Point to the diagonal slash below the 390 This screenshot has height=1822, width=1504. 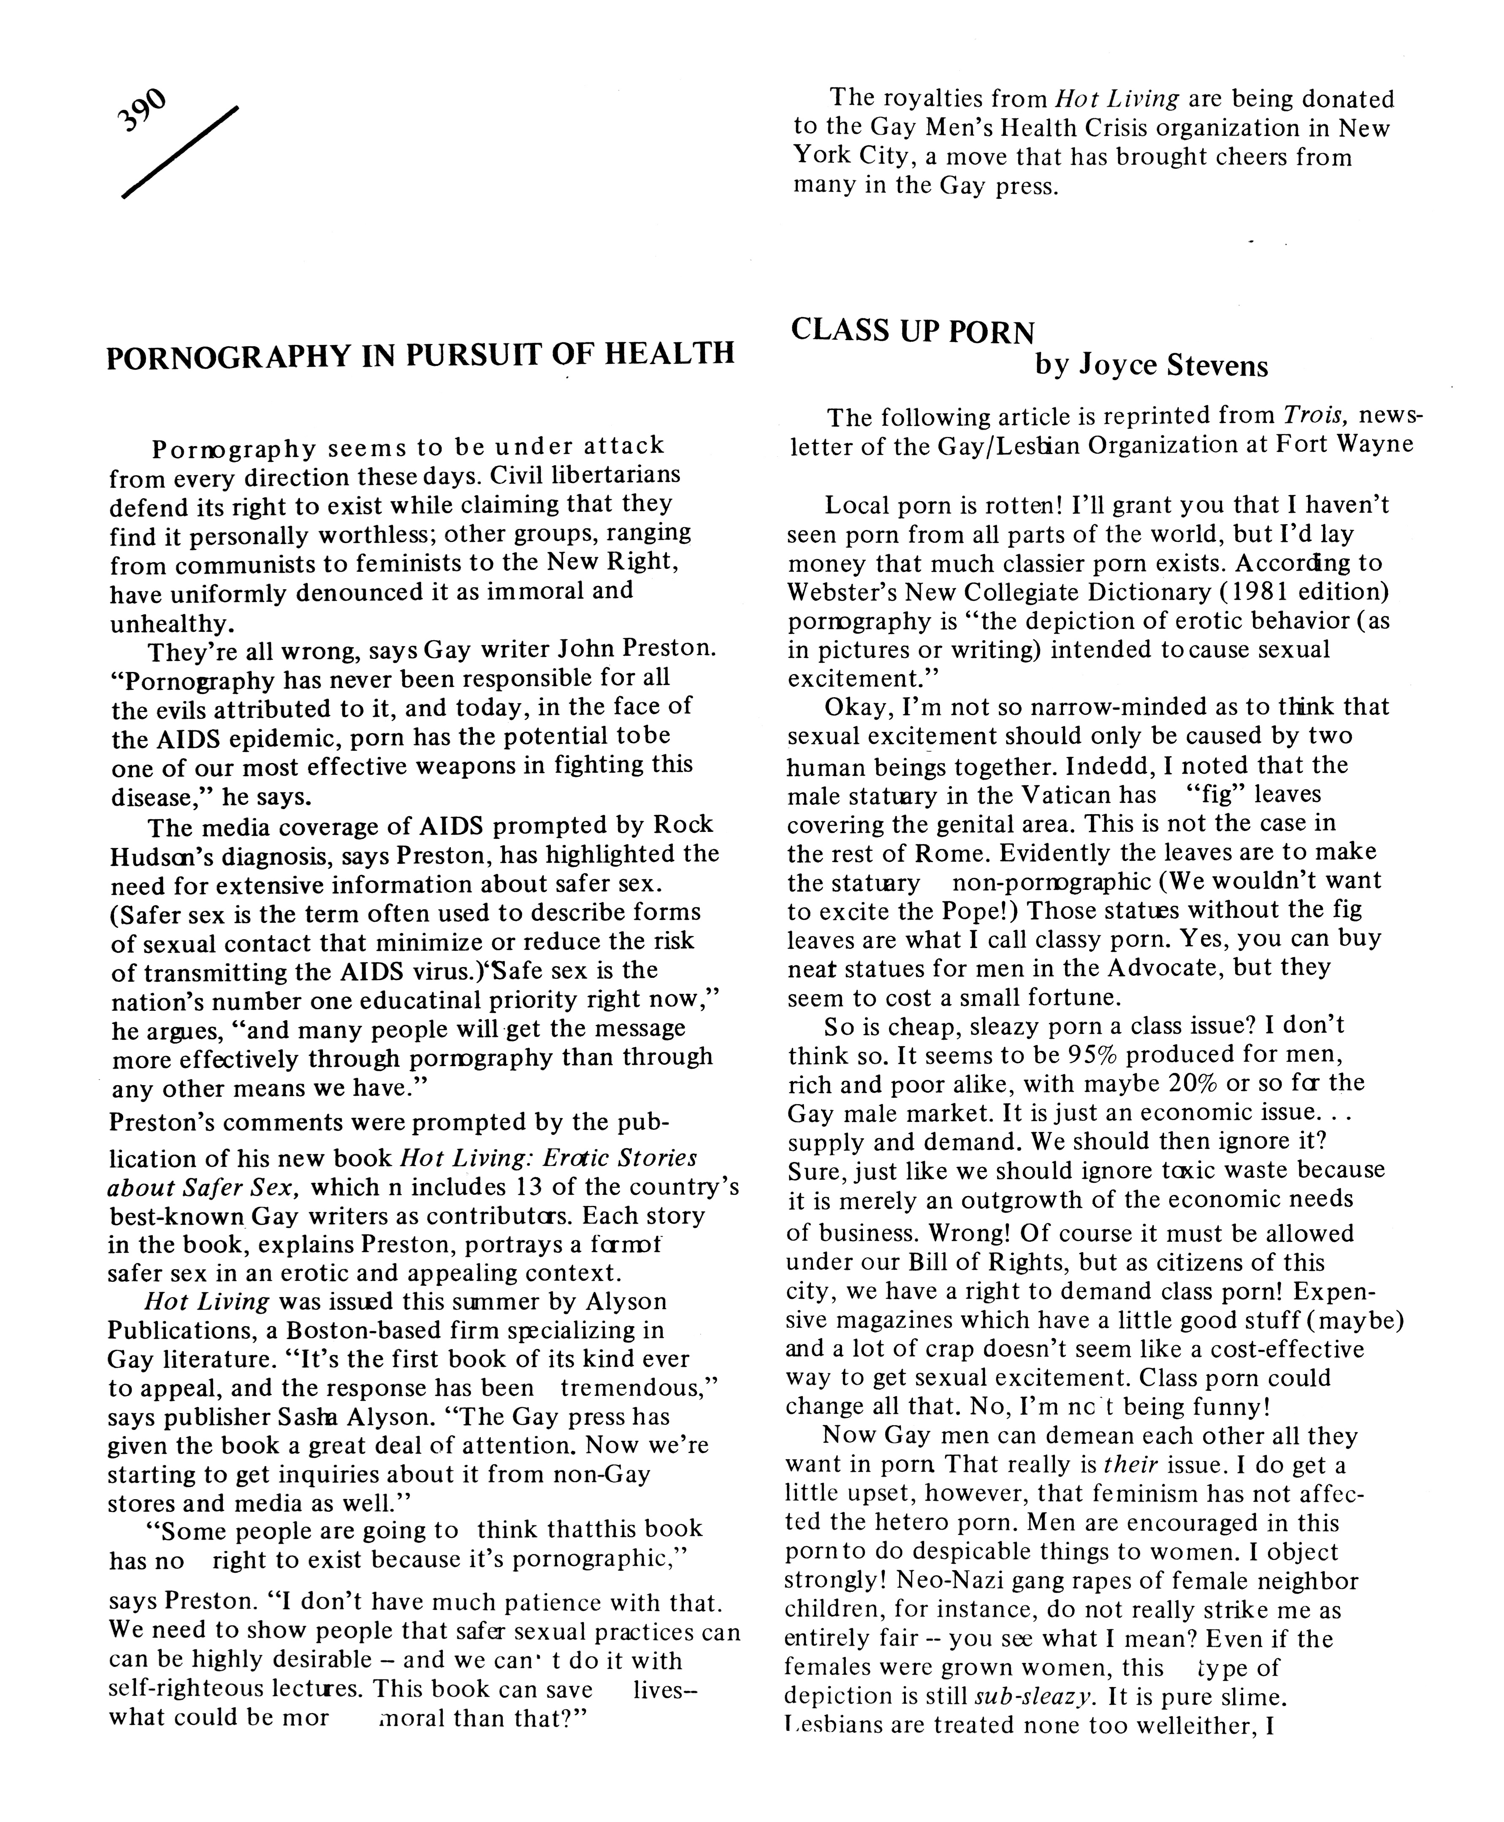[179, 152]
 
